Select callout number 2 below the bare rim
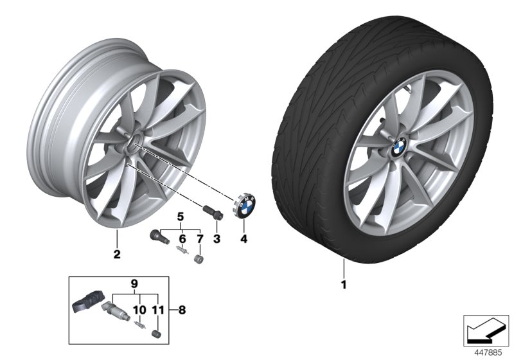[x=117, y=255]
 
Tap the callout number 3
[x=217, y=239]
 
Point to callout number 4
[x=244, y=239]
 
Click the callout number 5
[x=181, y=215]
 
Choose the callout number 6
[x=182, y=239]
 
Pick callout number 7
[x=200, y=239]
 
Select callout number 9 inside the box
[x=134, y=282]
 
